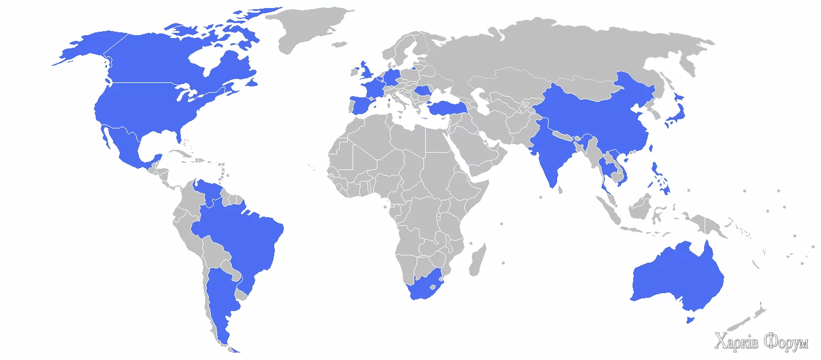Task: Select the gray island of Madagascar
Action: (x=478, y=260)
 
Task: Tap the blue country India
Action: (x=550, y=153)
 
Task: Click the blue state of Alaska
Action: (x=86, y=49)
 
